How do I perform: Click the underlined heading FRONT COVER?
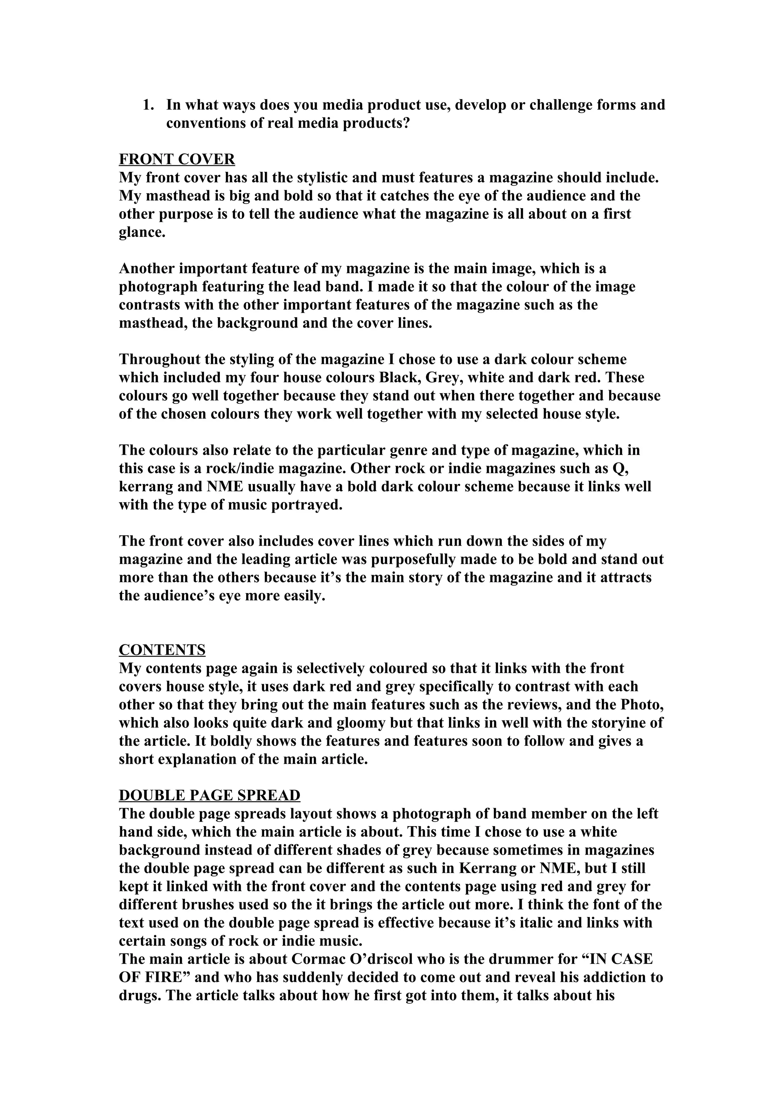click(177, 160)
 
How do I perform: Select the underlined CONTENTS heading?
click(162, 650)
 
